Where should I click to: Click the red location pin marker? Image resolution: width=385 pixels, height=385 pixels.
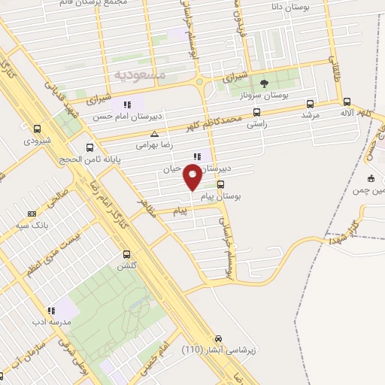tap(193, 177)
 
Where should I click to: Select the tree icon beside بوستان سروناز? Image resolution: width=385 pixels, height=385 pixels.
tap(263, 83)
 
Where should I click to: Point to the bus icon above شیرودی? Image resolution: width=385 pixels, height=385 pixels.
tap(38, 129)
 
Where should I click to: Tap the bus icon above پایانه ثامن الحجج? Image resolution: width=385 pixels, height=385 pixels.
tap(90, 147)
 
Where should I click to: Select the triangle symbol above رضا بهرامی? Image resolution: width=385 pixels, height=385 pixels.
tap(154, 133)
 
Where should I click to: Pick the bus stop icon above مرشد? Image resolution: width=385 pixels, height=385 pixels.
tap(310, 105)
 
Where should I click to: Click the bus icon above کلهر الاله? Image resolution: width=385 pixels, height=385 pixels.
tap(347, 102)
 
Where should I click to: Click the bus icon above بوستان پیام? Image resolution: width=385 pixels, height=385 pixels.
tap(220, 183)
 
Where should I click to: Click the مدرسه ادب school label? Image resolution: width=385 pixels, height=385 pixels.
tap(50, 321)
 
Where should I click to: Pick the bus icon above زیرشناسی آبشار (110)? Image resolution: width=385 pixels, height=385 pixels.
tap(219, 338)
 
